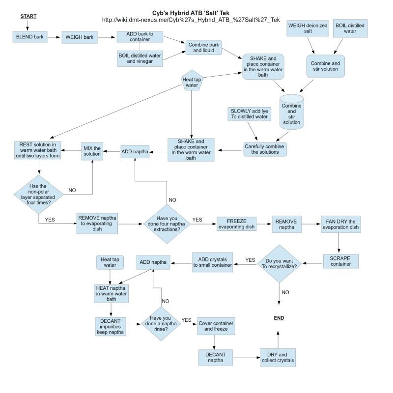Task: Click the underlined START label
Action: coord(28,16)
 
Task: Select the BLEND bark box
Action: coord(30,37)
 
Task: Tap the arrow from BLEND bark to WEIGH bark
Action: coord(54,37)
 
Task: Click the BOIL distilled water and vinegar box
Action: coord(140,58)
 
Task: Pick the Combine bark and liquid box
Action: coord(203,47)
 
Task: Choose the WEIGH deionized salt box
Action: coord(308,28)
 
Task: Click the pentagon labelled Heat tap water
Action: coord(192,81)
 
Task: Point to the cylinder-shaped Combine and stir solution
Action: coord(291,112)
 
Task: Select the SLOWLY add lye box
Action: coord(250,114)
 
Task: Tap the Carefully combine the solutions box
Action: coord(265,149)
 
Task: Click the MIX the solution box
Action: coord(92,151)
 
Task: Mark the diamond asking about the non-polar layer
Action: coord(39,194)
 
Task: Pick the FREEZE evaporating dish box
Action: coord(236,224)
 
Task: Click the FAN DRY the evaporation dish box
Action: coord(340,225)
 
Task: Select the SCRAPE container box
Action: coord(340,261)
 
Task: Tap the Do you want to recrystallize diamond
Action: coord(279,264)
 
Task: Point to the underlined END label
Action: coord(279,318)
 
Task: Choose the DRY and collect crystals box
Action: coord(278,358)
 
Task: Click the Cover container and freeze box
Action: coord(216,326)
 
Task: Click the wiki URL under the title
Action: coord(191,20)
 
